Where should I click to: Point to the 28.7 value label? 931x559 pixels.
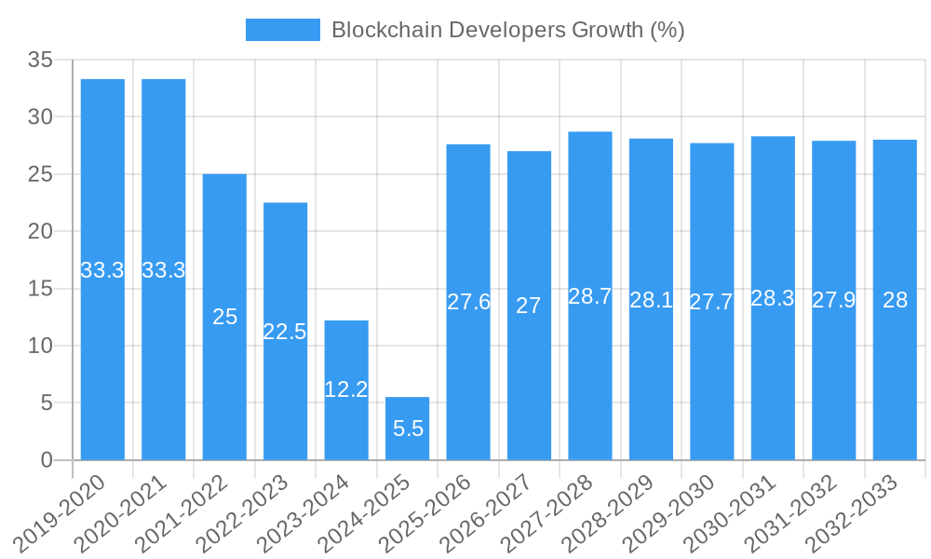click(x=590, y=296)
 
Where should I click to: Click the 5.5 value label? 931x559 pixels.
click(x=408, y=429)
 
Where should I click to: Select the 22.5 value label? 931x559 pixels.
click(x=285, y=332)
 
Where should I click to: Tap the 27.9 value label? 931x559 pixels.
click(x=834, y=300)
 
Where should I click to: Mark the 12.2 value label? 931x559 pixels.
click(x=346, y=389)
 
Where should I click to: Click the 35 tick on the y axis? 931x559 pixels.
click(x=40, y=60)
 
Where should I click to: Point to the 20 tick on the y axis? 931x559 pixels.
click(x=40, y=231)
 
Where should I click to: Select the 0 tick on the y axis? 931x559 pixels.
click(x=47, y=460)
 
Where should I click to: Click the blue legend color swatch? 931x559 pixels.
click(x=282, y=30)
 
